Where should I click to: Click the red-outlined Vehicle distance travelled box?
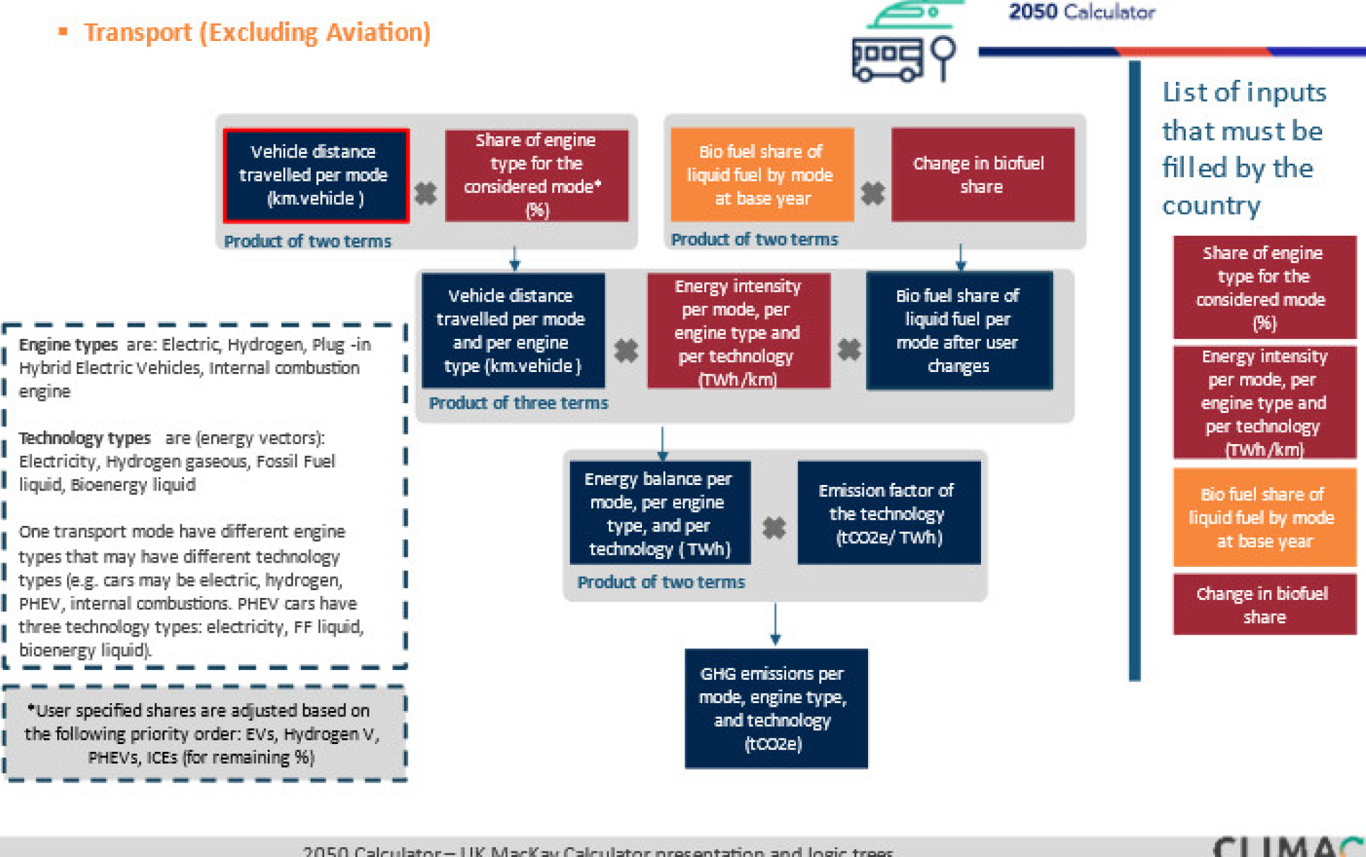[316, 175]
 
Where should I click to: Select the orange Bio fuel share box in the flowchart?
[761, 175]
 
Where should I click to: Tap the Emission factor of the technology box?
[889, 513]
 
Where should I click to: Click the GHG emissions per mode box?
[776, 708]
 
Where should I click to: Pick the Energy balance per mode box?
[660, 513]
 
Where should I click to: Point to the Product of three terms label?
[518, 403]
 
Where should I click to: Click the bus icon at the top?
[887, 60]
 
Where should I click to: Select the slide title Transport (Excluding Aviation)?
[257, 32]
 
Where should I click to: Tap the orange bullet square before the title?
[63, 31]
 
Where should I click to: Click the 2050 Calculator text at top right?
[1081, 12]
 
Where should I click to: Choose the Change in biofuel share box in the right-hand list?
[1264, 604]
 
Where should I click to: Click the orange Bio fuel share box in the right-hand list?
[1264, 517]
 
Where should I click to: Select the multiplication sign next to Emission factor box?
[774, 527]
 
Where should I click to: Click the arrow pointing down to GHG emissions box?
[775, 624]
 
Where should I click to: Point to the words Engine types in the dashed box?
[68, 344]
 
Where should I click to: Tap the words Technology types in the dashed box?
[85, 438]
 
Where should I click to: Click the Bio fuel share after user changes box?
[958, 330]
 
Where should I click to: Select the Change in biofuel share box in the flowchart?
[982, 175]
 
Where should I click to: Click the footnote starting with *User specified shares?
[203, 733]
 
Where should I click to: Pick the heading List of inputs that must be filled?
[1243, 148]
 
